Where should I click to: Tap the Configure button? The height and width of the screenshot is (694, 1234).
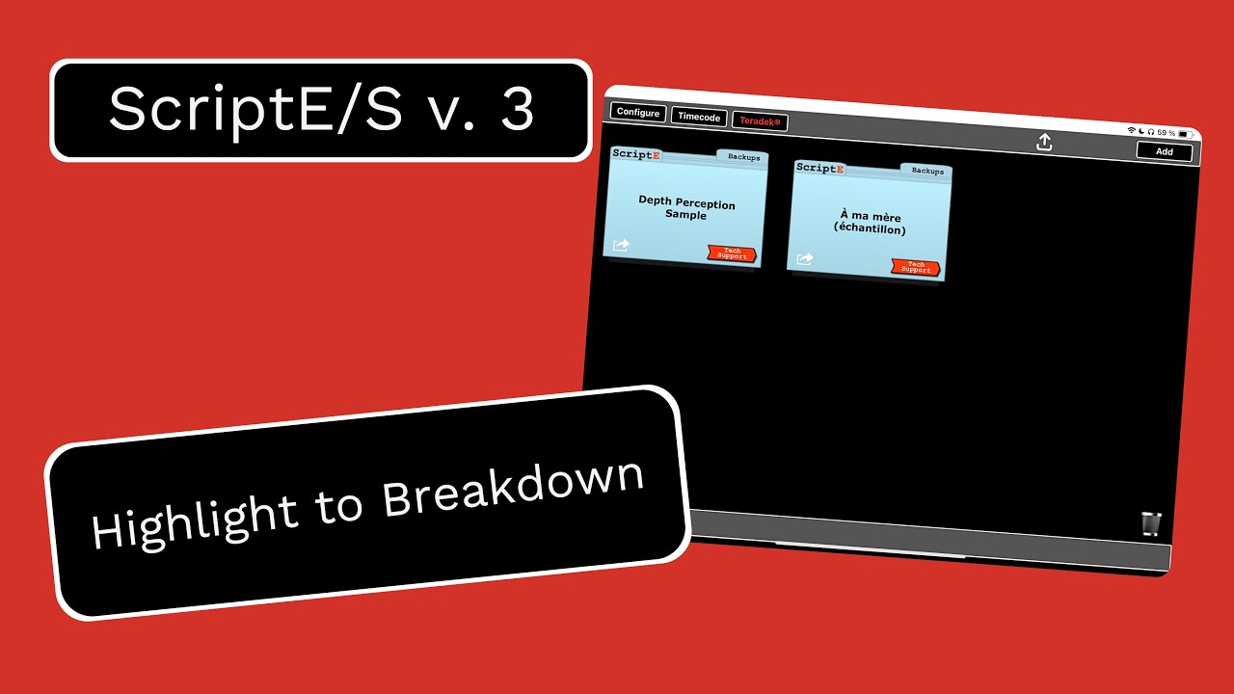(x=638, y=113)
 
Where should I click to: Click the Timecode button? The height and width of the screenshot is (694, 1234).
(x=699, y=117)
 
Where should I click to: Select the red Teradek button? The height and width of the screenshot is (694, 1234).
(x=760, y=121)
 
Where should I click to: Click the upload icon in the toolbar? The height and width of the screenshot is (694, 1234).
(x=1044, y=143)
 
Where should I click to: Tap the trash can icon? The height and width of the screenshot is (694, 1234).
(x=1151, y=522)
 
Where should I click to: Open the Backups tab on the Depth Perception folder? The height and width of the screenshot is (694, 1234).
(x=743, y=157)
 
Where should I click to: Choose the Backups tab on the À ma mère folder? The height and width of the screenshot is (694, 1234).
(x=927, y=171)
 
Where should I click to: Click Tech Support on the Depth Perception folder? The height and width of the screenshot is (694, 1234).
(x=732, y=254)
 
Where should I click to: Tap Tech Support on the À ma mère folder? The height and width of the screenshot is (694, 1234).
(x=916, y=267)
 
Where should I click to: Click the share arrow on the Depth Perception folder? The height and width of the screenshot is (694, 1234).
(x=621, y=246)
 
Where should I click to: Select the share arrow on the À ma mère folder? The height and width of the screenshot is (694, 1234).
(x=805, y=258)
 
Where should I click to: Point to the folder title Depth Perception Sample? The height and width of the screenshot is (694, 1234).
(x=686, y=209)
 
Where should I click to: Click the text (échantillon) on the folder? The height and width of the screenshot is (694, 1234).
(x=871, y=229)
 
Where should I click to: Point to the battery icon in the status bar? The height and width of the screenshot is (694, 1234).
(x=1193, y=134)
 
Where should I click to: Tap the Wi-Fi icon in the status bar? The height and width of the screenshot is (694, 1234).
(x=1131, y=129)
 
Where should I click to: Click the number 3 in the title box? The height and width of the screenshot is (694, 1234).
(x=517, y=110)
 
